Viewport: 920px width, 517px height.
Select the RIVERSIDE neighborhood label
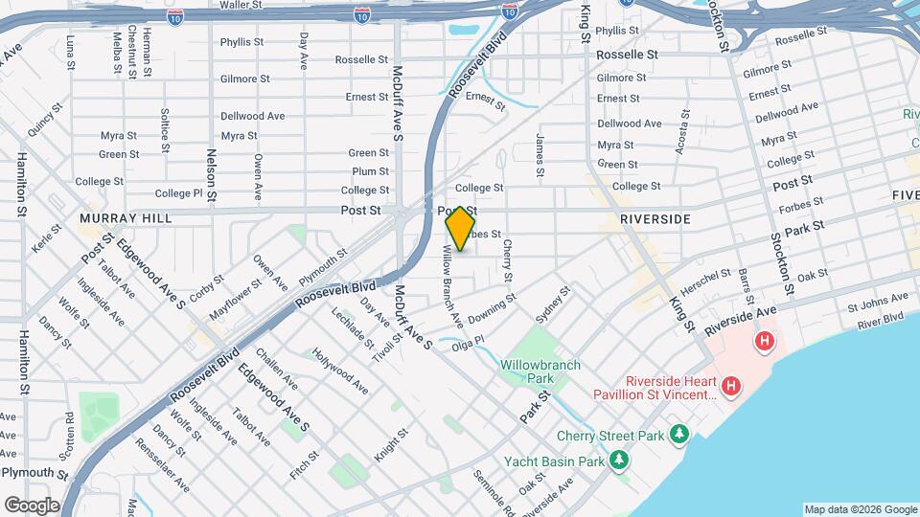pyautogui.click(x=655, y=219)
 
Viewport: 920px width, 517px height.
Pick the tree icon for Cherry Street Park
pyautogui.click(x=679, y=435)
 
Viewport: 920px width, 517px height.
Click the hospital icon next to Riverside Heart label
pyautogui.click(x=731, y=386)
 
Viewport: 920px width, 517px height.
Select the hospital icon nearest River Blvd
pyautogui.click(x=764, y=340)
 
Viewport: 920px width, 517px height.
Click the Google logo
pyautogui.click(x=32, y=505)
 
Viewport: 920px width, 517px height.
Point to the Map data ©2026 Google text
pyautogui.click(x=859, y=509)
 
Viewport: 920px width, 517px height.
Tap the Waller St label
pyautogui.click(x=241, y=6)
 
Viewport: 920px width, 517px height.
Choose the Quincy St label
pyautogui.click(x=43, y=122)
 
